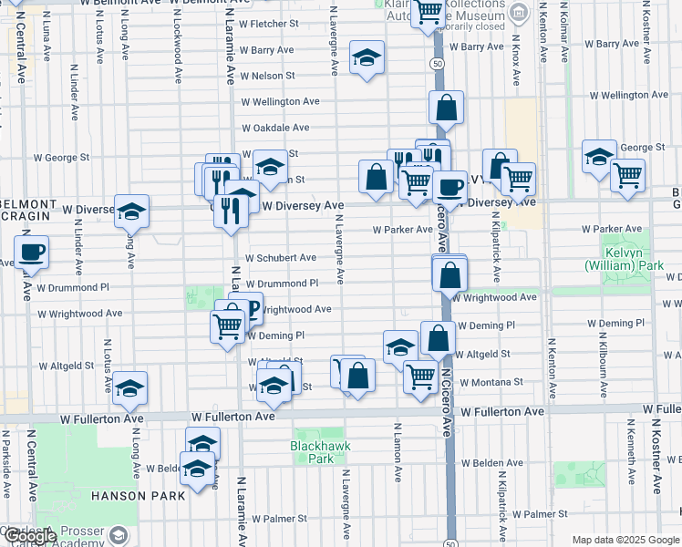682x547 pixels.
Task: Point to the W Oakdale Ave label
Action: [x=275, y=128]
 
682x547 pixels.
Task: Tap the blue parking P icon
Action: [x=252, y=309]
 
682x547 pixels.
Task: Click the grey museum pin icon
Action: [x=519, y=12]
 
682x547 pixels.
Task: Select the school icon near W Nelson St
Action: [x=366, y=59]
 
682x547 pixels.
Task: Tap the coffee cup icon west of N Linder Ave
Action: [x=31, y=252]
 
